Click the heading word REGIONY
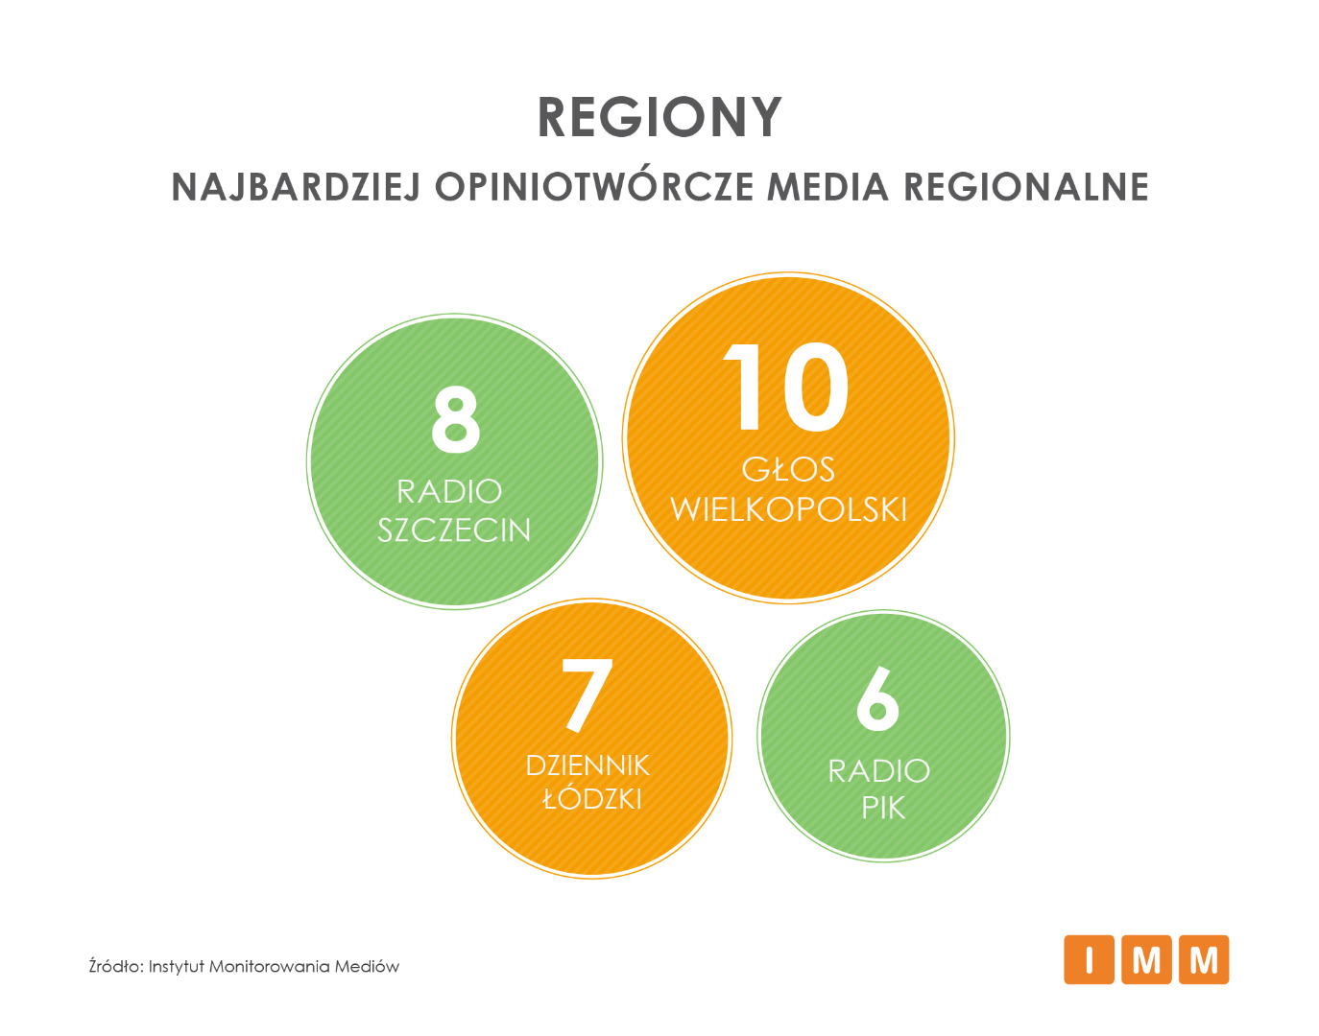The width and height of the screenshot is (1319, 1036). pos(659,117)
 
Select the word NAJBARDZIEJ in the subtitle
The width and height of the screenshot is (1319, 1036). pos(297,186)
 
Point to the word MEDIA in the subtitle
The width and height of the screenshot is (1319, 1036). pos(827,186)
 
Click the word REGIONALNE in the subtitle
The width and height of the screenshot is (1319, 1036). pos(1026,186)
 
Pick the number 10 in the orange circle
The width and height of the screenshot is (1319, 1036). pos(785,387)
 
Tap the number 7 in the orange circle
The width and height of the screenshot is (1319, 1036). pos(587,695)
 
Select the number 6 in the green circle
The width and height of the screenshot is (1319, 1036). pos(877,698)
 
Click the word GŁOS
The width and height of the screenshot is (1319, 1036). pos(788,469)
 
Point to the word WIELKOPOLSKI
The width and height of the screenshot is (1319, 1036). pos(788,509)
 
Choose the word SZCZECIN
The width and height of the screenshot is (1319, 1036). pos(454,530)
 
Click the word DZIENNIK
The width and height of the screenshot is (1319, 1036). pos(588,765)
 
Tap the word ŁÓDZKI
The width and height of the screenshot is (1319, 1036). pos(591,798)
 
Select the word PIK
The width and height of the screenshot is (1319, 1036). pos(883,808)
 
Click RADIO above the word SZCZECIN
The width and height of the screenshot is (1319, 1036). pos(449,491)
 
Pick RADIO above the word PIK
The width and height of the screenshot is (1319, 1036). pos(879,771)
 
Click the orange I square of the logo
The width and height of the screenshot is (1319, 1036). pos(1089,959)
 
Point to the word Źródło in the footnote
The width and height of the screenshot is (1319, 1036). pos(116,966)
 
